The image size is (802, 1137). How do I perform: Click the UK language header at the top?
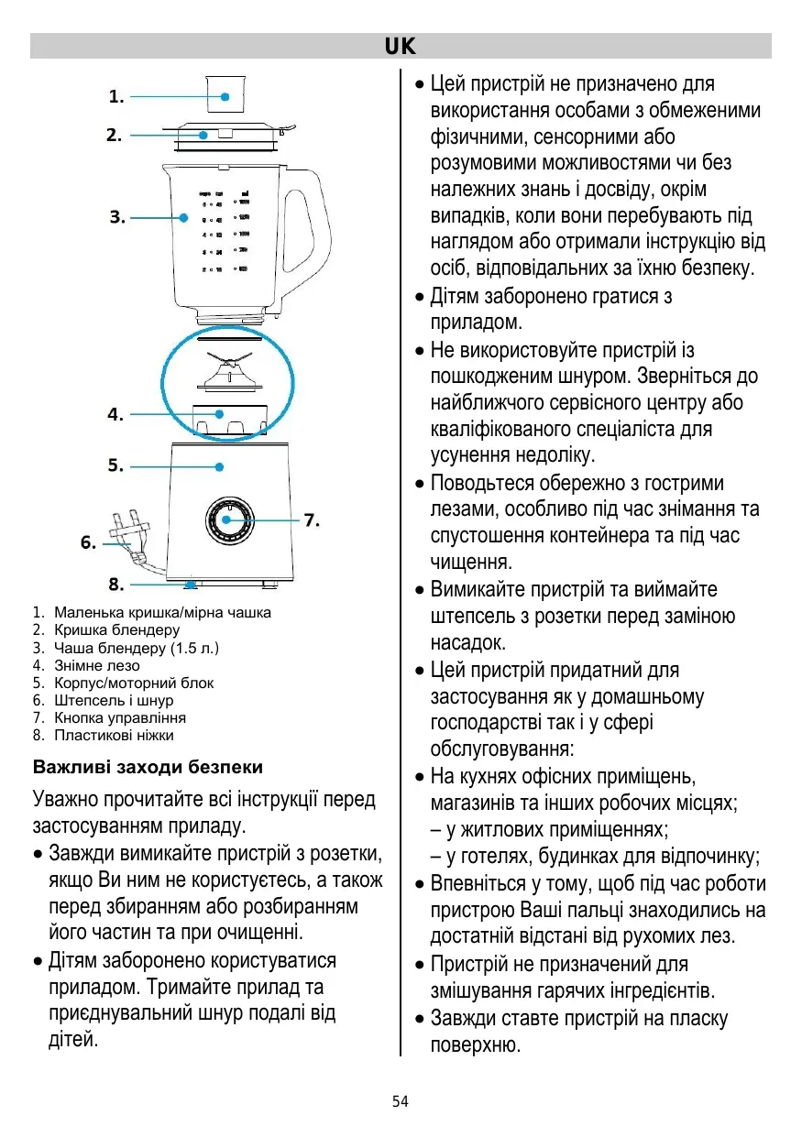[x=401, y=46]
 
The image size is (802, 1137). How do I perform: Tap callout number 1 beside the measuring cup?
[x=116, y=95]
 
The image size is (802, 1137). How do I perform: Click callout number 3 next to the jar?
[x=116, y=217]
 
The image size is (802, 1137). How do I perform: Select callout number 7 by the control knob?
[x=312, y=519]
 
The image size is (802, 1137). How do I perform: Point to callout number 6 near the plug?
[x=88, y=541]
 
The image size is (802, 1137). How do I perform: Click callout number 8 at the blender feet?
[x=116, y=583]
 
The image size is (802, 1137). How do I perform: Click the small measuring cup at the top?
[x=225, y=93]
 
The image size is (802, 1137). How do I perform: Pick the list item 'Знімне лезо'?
[x=96, y=665]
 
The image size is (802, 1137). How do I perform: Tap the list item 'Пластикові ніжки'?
[x=114, y=735]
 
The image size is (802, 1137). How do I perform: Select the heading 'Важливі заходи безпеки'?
[x=148, y=766]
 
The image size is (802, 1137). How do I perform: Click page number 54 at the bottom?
[x=401, y=1101]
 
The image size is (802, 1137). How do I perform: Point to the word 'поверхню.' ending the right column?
[x=476, y=1044]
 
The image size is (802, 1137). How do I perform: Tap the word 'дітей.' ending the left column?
[x=73, y=1041]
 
